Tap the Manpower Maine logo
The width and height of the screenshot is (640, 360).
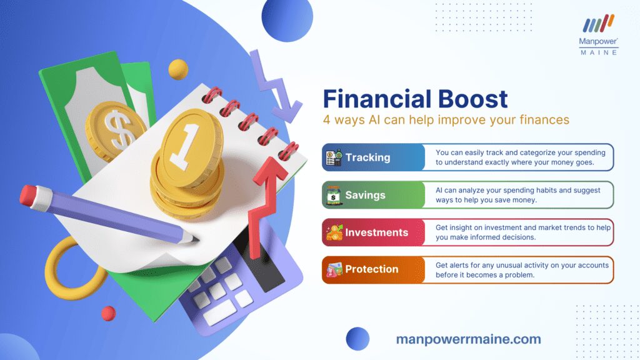coord(598,35)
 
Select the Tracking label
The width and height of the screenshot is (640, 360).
coord(367,157)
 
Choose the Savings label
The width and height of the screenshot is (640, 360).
coord(365,195)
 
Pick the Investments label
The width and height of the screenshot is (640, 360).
coord(377,232)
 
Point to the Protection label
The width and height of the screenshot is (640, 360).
coord(372,269)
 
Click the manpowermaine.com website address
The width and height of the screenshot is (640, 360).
coord(469,339)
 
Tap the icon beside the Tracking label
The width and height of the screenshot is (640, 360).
coord(334,157)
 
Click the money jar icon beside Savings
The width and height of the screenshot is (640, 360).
coord(334,195)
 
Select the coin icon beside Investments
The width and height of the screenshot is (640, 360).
coord(334,232)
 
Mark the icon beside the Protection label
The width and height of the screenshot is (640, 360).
coord(334,270)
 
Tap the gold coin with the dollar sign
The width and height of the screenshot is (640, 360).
coord(115,131)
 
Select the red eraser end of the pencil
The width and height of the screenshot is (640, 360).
coord(29,196)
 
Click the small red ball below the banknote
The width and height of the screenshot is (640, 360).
coord(108,314)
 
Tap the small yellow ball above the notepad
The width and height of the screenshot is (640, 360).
coord(178,69)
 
